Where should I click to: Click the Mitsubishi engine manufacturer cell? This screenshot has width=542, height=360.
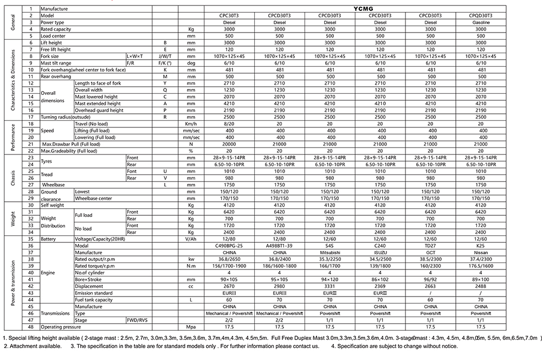click(x=330, y=252)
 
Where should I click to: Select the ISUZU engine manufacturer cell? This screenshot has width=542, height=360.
click(x=379, y=252)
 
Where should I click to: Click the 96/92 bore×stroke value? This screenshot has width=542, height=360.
click(x=429, y=279)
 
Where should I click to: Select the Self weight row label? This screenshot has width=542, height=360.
click(x=53, y=205)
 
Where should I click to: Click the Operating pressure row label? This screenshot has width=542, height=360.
click(x=61, y=327)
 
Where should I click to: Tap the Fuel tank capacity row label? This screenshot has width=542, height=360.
click(x=94, y=300)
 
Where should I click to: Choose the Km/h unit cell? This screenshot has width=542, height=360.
click(x=190, y=124)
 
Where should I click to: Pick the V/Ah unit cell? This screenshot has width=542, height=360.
click(x=190, y=239)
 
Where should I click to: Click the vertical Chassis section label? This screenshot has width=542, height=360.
click(x=12, y=178)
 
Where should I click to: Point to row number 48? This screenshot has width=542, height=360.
click(x=31, y=327)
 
